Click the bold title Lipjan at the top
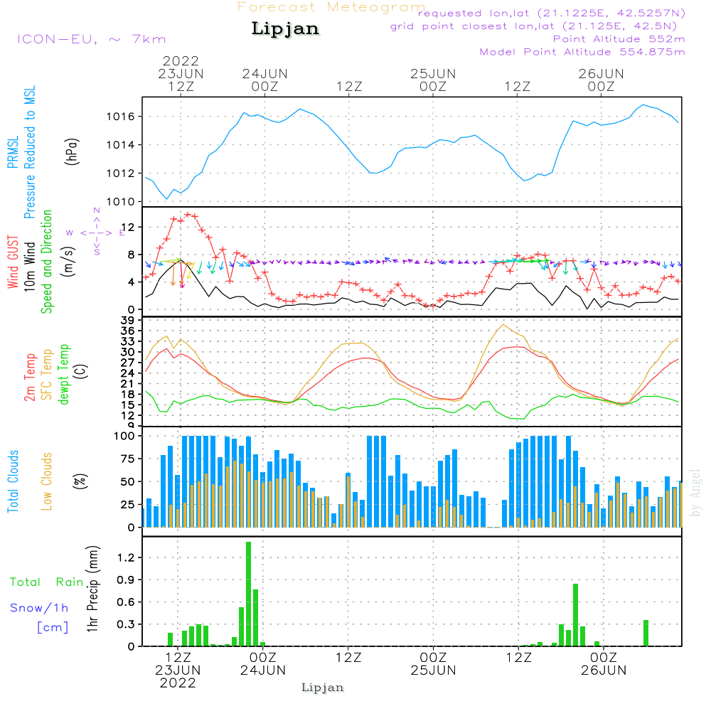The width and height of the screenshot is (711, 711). pos(285,29)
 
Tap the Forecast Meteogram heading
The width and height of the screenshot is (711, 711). pos(331,7)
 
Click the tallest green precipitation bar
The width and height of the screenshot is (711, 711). pos(248,594)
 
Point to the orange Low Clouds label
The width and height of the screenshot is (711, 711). pos(47,481)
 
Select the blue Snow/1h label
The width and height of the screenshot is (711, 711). pos(40,608)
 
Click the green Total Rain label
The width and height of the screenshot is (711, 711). pos(47,582)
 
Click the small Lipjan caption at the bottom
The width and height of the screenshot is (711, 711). pos(323,688)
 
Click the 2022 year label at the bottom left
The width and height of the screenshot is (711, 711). pos(178,683)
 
